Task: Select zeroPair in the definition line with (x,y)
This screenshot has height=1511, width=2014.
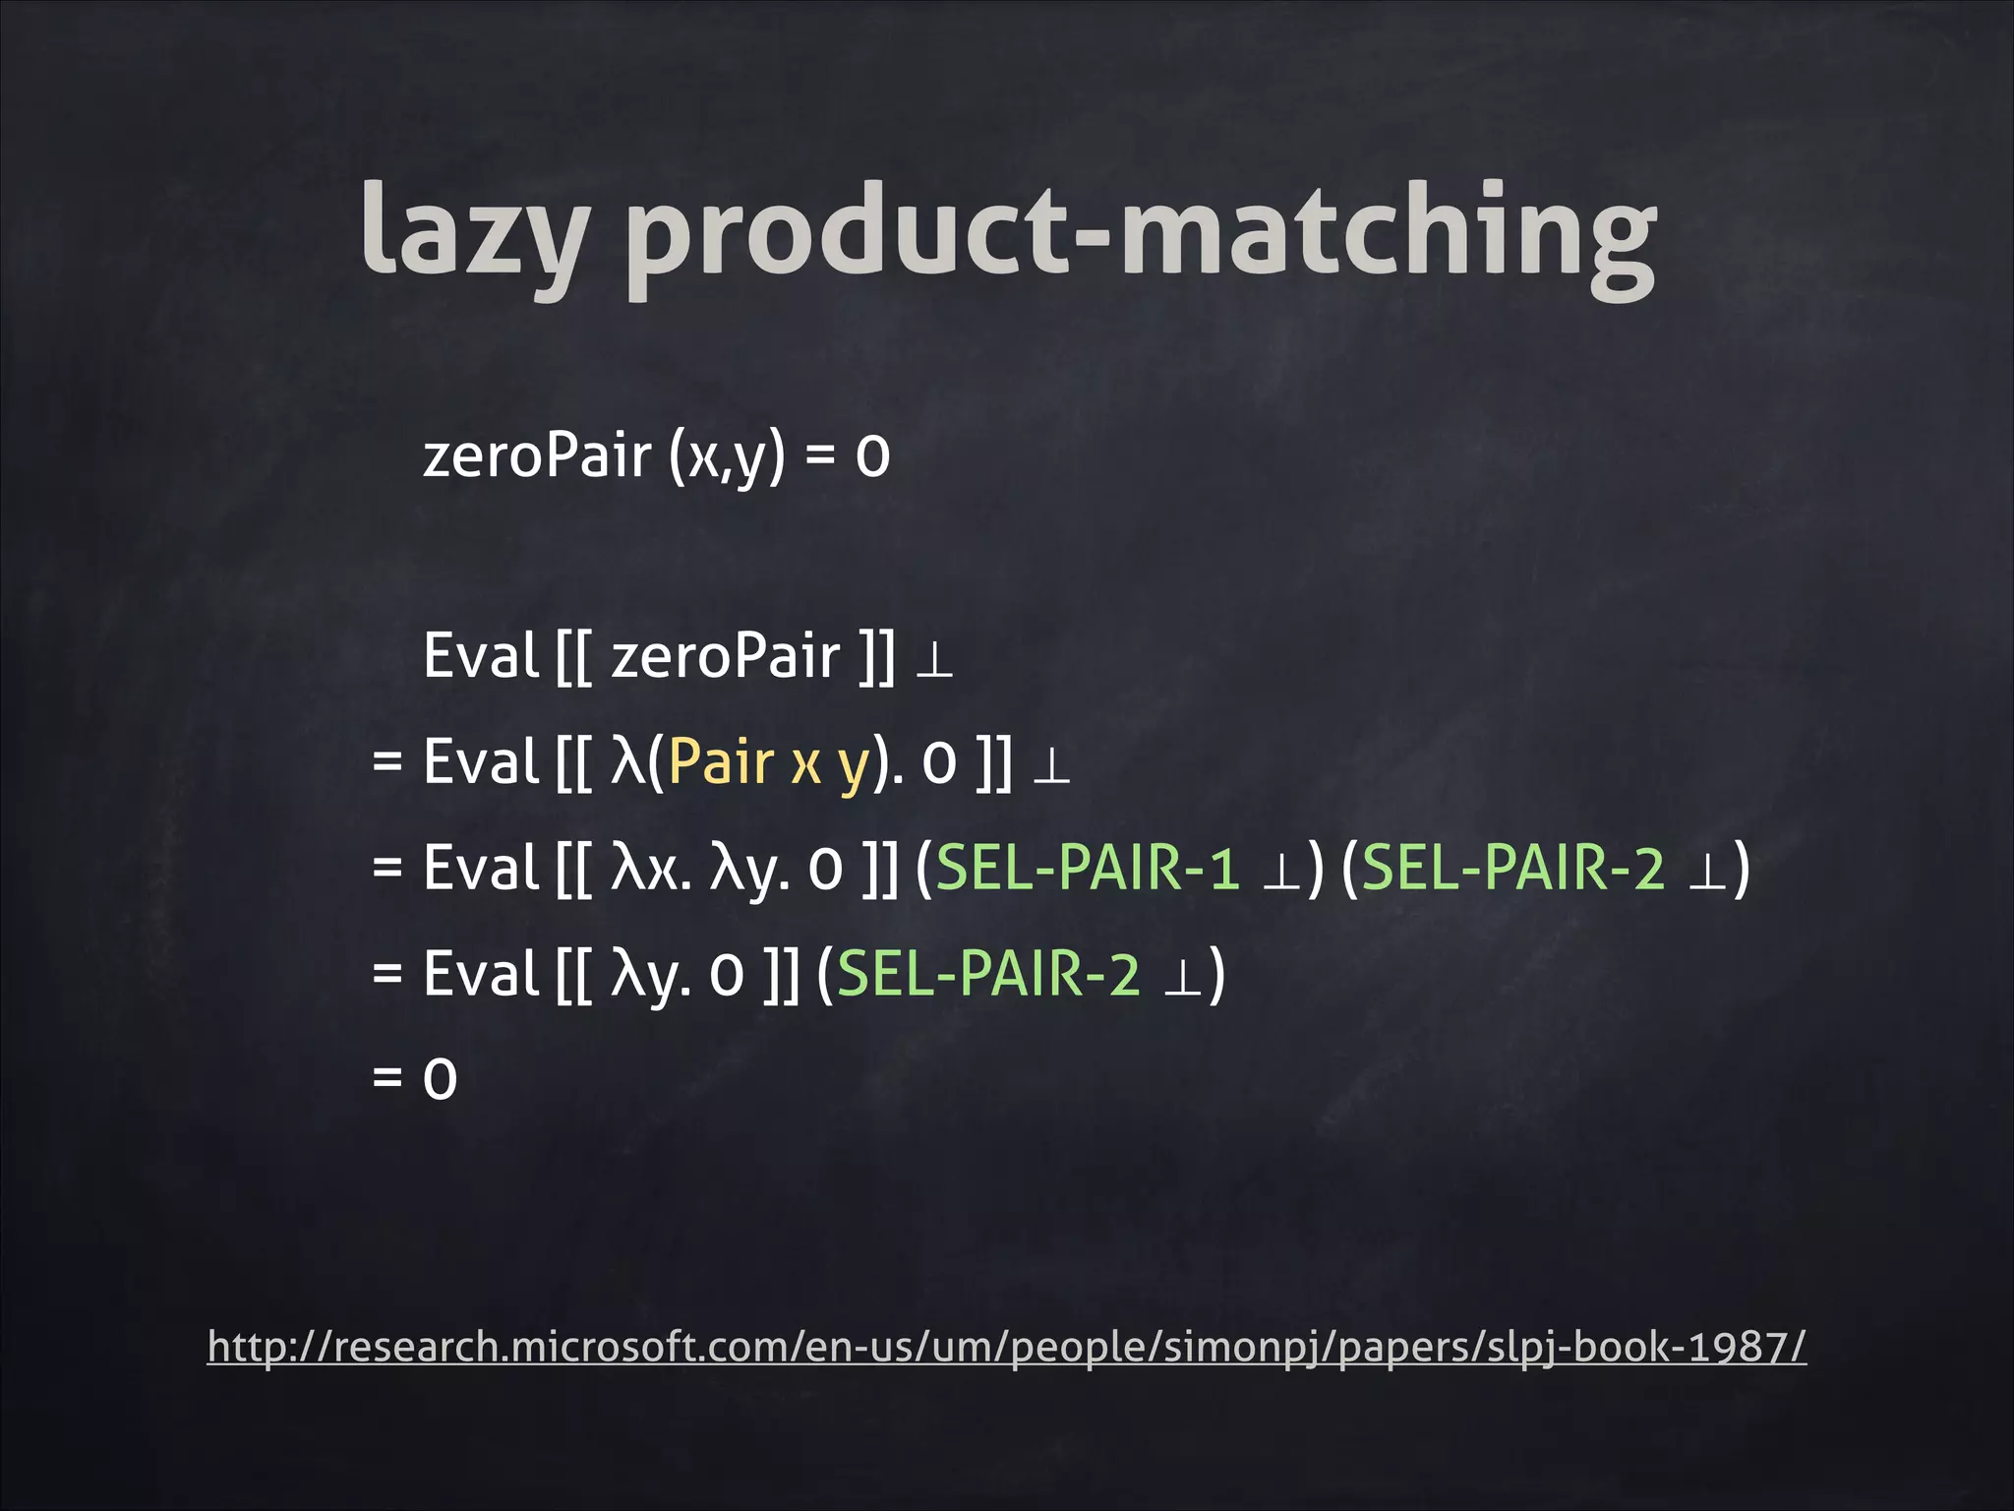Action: [x=537, y=456]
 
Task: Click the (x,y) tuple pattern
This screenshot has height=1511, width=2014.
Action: [x=727, y=456]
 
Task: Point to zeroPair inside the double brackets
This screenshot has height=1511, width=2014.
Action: [x=726, y=657]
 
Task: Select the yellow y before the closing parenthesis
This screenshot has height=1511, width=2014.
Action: [x=853, y=767]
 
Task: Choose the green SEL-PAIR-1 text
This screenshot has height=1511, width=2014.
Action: [x=1087, y=869]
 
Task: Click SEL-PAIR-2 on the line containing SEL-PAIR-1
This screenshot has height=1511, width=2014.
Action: [x=1512, y=869]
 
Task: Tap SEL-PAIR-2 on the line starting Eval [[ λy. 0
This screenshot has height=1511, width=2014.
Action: [x=988, y=975]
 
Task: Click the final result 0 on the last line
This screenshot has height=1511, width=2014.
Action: [x=440, y=1079]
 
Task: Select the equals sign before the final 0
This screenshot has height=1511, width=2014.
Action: [x=387, y=1079]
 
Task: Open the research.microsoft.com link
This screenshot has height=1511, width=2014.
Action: [x=1006, y=1347]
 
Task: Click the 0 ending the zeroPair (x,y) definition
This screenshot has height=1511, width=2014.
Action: [x=872, y=457]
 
